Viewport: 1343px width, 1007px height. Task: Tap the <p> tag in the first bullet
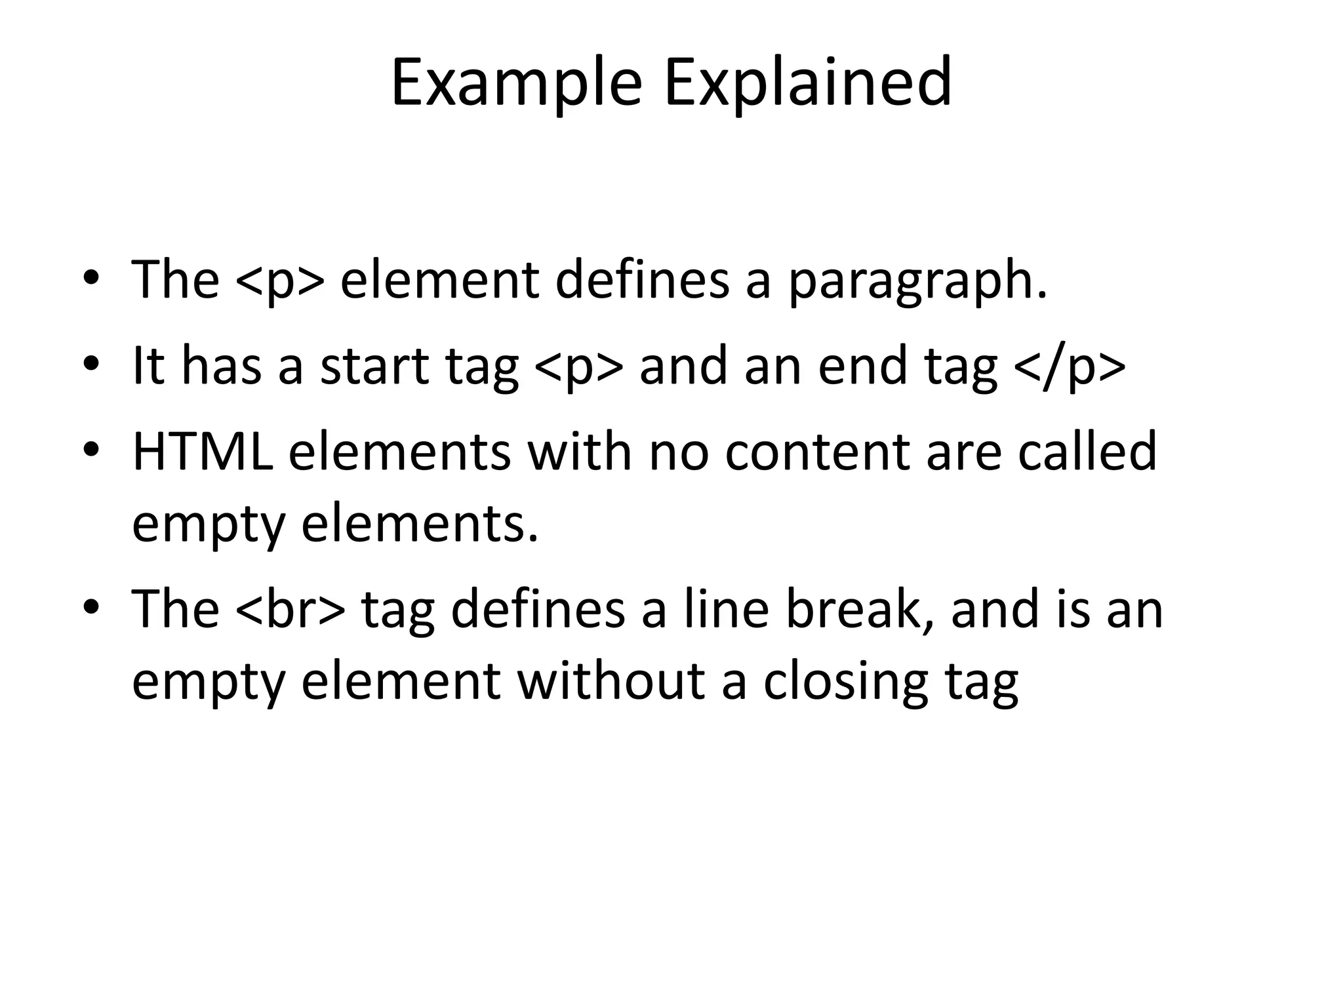[279, 281]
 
